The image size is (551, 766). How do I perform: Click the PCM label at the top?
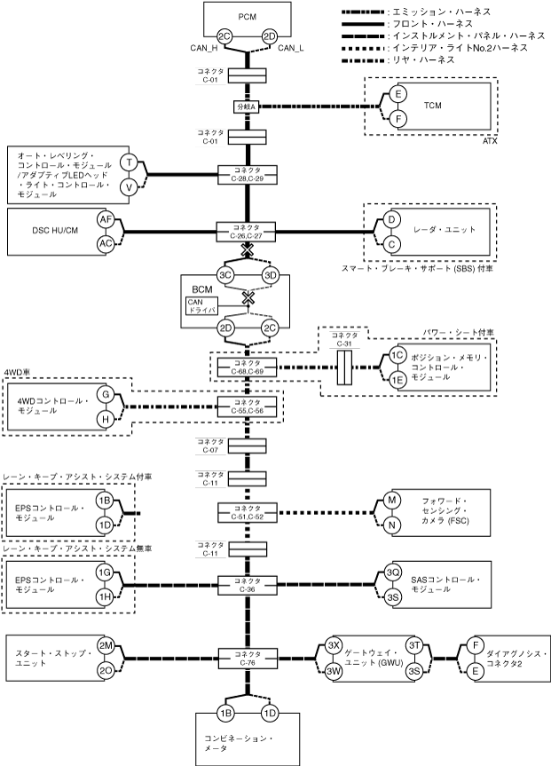point(248,17)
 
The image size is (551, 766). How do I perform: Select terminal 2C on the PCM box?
point(224,36)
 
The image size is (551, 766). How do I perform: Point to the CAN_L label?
point(291,48)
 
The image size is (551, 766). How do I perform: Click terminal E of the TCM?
point(398,94)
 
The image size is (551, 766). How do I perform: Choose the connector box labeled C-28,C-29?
point(248,175)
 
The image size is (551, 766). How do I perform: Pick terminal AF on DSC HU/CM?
point(106,219)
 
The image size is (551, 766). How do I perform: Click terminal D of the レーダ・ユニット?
point(391,220)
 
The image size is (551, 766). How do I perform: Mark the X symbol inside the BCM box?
point(248,297)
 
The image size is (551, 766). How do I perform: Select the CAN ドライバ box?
point(201,307)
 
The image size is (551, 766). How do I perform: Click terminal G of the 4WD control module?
point(106,394)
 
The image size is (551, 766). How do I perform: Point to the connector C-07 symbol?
point(248,446)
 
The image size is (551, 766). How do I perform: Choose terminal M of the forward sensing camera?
point(391,501)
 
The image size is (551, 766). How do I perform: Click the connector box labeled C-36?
point(248,585)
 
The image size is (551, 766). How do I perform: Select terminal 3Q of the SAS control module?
point(392,572)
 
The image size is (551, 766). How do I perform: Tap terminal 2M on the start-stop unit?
point(106,646)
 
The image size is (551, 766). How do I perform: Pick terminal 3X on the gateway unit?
point(333,645)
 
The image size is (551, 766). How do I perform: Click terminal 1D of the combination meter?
point(269,714)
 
